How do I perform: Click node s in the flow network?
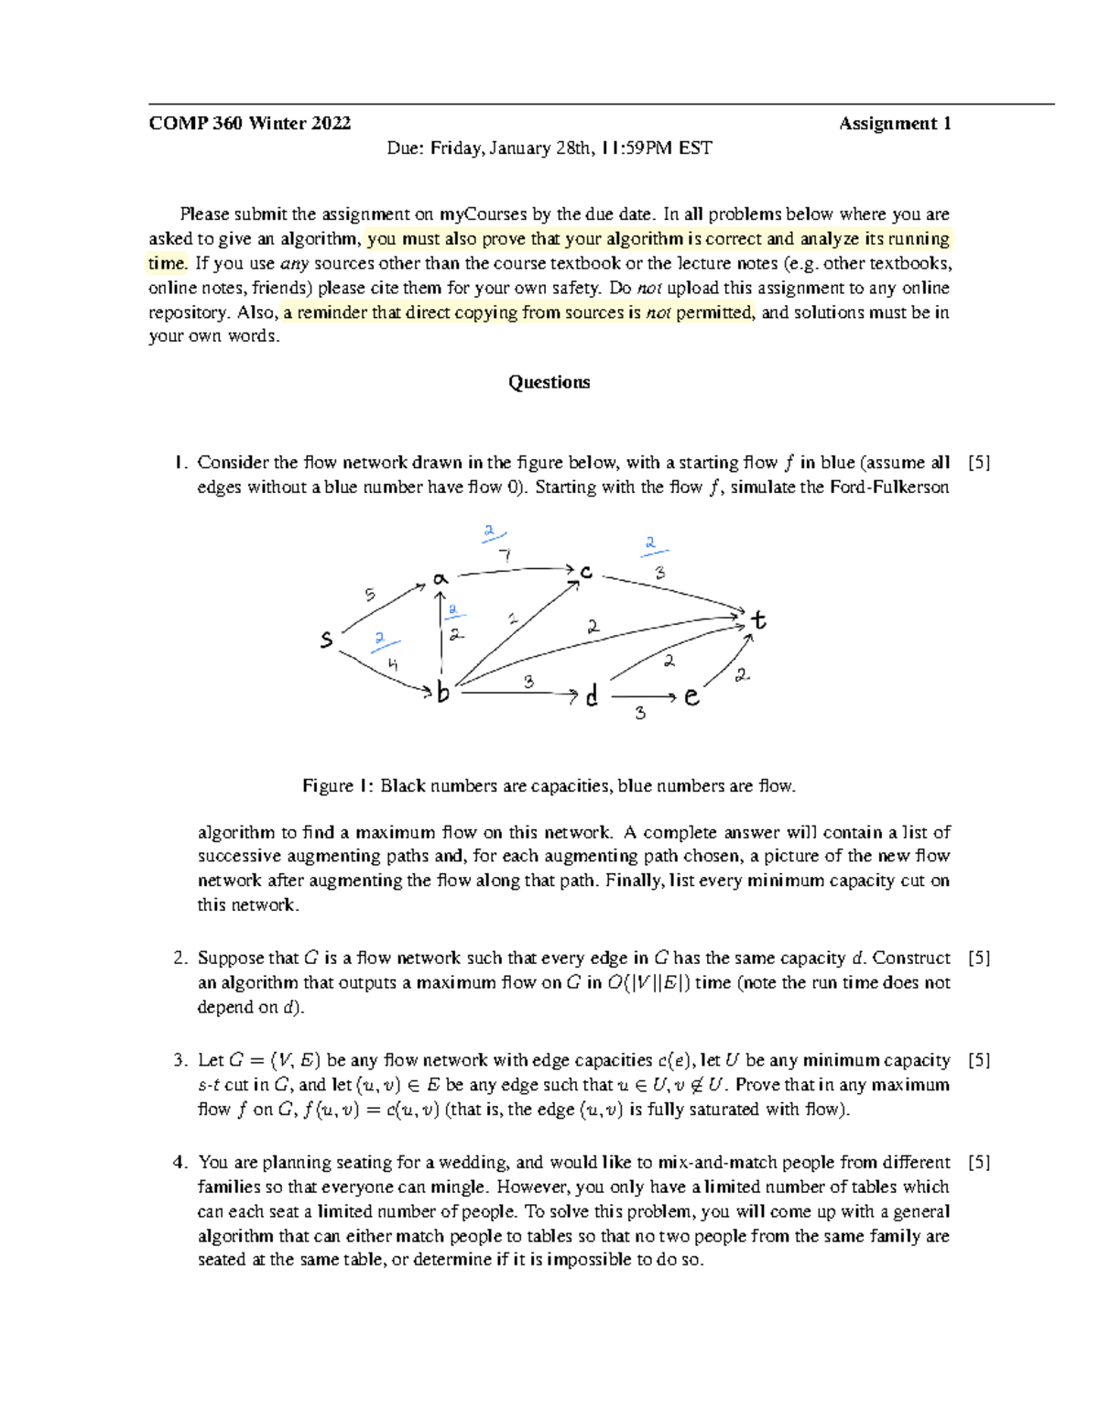326,640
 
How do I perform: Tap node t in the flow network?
758,620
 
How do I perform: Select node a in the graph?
441,579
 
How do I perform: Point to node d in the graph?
592,696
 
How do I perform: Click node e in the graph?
691,697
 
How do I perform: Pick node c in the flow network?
585,572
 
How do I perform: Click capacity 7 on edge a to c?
505,555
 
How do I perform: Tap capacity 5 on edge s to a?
370,595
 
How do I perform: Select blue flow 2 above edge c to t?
650,544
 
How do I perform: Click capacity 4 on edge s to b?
392,664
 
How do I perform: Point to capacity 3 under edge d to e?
640,713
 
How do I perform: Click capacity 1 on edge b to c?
513,619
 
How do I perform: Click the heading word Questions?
549,382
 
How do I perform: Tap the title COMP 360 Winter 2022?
249,124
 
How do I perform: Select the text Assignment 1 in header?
895,124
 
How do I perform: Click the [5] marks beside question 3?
979,1060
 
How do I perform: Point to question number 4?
180,1162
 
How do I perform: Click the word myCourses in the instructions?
483,214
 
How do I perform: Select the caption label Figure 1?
338,786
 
